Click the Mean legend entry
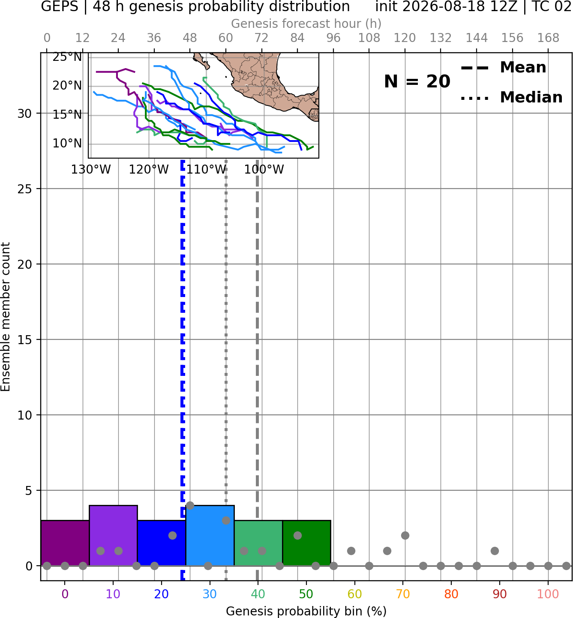tap(503, 68)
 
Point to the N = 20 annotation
tap(417, 81)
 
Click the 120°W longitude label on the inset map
tap(148, 170)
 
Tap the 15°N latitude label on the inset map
tap(67, 115)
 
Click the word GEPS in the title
tap(60, 6)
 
